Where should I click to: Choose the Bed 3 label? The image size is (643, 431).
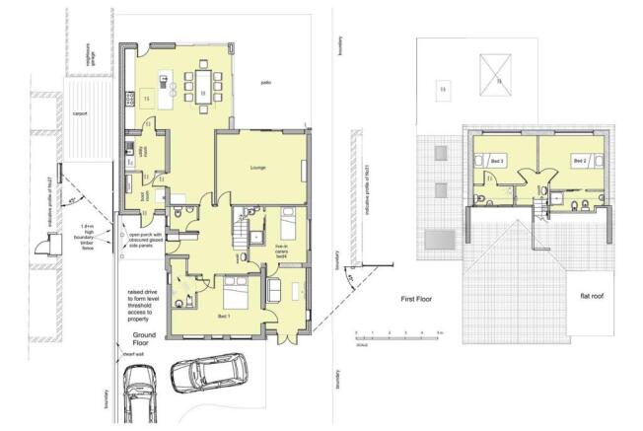(x=497, y=160)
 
